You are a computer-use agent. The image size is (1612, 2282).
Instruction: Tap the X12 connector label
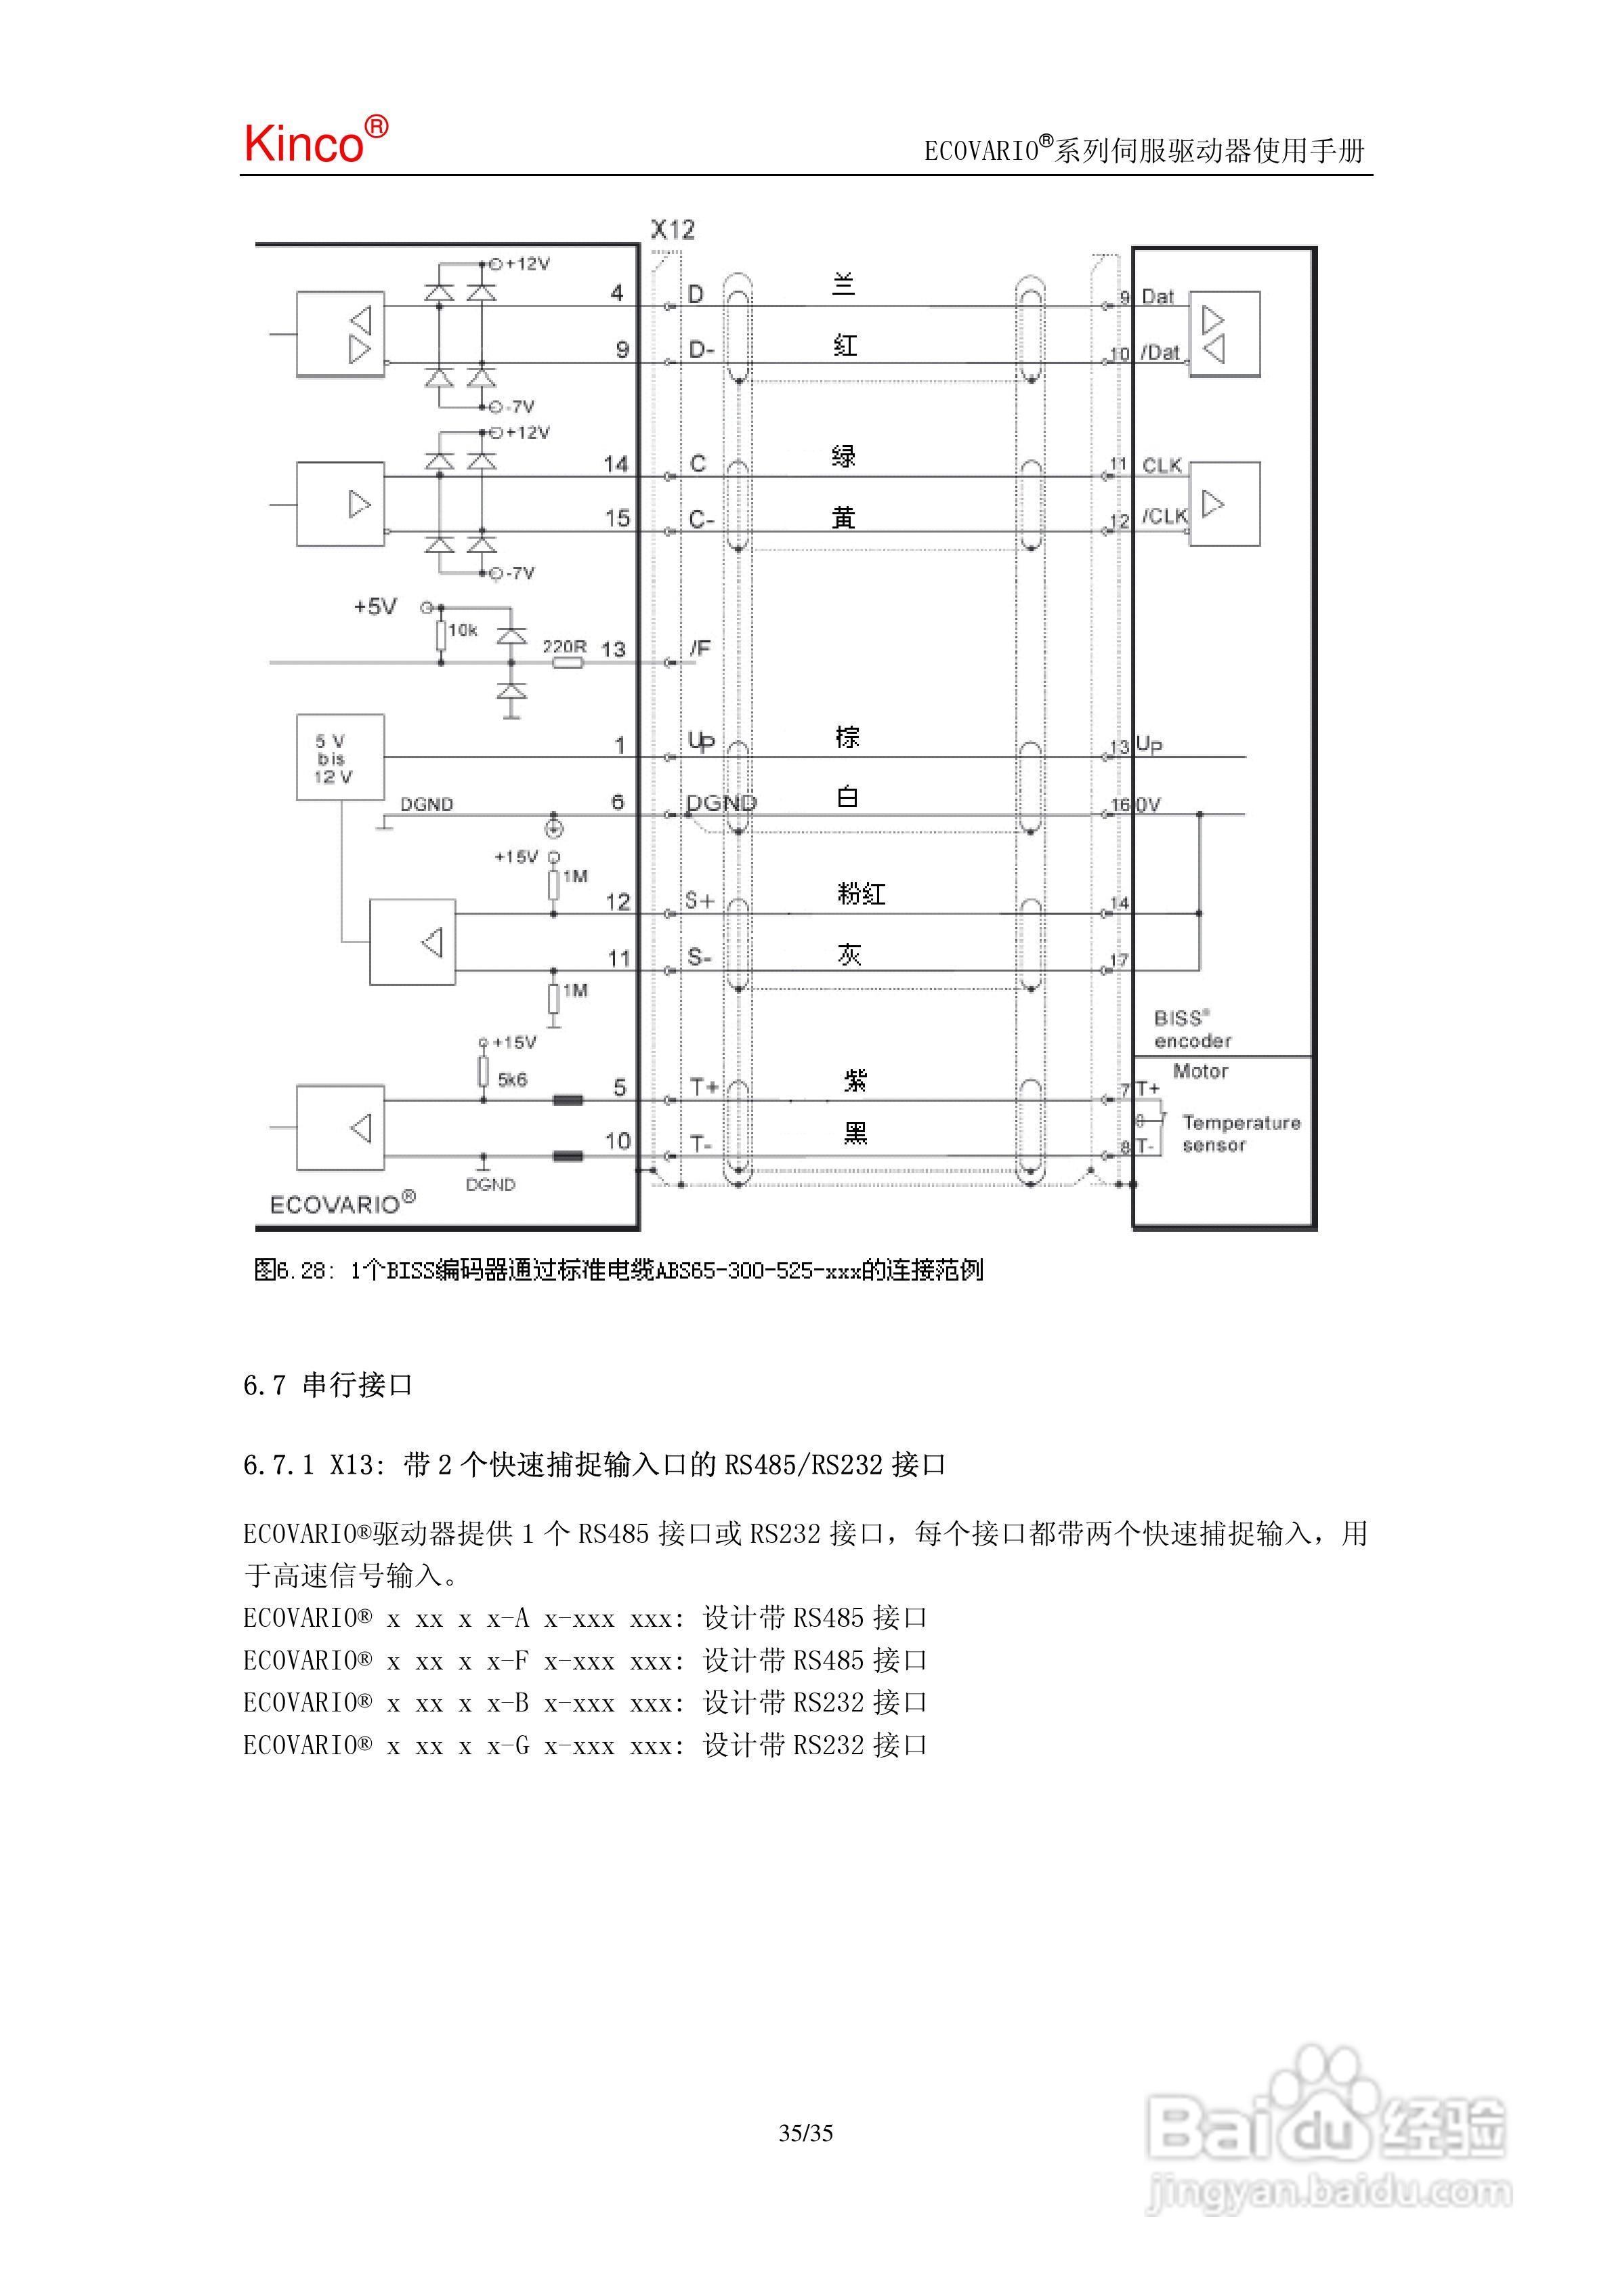point(673,230)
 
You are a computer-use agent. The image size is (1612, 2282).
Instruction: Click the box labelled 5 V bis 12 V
point(340,758)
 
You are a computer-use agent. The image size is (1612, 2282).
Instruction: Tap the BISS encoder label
point(1191,1030)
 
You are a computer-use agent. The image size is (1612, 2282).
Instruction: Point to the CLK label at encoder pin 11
point(1162,465)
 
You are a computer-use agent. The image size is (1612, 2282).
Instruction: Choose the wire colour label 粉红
point(861,894)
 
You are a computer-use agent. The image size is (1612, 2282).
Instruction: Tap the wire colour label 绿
point(844,456)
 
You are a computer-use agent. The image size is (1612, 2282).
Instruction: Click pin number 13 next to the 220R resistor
point(613,650)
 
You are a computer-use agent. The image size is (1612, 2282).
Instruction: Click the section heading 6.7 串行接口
point(328,1384)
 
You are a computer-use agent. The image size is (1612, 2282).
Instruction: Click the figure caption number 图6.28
point(289,1270)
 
